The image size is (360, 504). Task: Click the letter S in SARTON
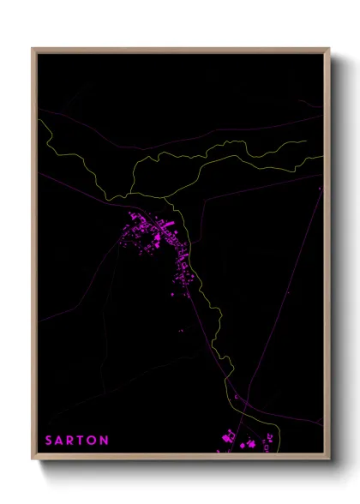coord(49,441)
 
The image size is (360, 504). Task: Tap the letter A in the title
coord(61,441)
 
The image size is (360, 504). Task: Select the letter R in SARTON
coord(72,441)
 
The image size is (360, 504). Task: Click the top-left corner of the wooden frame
coord(33,49)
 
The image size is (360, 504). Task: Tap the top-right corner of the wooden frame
coord(329,49)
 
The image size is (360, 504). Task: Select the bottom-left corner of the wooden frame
coord(33,459)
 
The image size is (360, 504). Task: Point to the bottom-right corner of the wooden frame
coord(329,459)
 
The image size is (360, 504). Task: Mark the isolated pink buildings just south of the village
coord(180,331)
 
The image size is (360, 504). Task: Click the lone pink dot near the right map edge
coord(321,188)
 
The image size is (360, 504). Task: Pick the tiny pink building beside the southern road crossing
coord(237,398)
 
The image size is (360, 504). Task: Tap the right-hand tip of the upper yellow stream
coord(306,141)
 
